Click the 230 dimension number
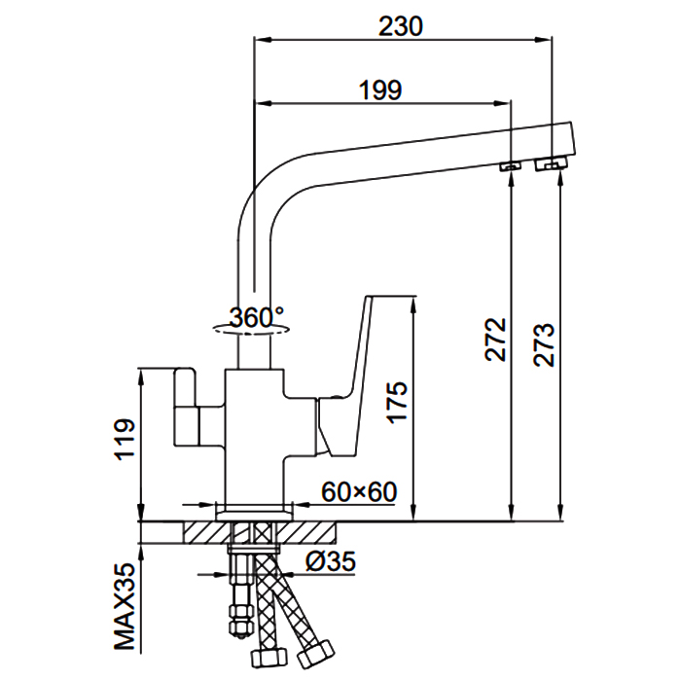(401, 26)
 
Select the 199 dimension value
(380, 90)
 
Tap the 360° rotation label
(256, 317)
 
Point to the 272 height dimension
(495, 340)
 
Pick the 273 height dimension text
(545, 345)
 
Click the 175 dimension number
(397, 402)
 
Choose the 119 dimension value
(125, 440)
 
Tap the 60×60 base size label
(359, 491)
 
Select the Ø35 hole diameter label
(331, 560)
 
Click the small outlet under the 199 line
(511, 166)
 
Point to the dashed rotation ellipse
(251, 330)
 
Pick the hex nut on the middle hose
(269, 659)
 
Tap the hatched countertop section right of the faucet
(306, 532)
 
